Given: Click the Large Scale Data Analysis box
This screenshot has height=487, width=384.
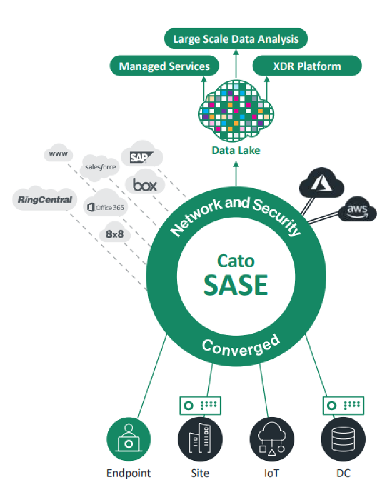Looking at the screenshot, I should [235, 39].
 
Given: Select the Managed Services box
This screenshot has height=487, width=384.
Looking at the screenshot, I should [164, 66].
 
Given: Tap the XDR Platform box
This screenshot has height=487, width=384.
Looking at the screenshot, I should [307, 66].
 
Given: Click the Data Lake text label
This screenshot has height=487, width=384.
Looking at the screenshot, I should [235, 151].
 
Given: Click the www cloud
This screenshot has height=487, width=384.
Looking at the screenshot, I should [57, 154].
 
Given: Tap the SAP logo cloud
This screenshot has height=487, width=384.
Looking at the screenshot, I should [141, 155].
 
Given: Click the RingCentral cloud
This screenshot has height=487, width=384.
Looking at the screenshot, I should [44, 200].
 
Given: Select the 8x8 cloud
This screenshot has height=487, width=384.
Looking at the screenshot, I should [115, 234].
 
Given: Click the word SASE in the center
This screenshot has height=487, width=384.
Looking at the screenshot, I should [235, 284].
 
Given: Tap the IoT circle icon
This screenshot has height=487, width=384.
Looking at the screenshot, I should [271, 440].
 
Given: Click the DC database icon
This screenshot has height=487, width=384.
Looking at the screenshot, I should [343, 440].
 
